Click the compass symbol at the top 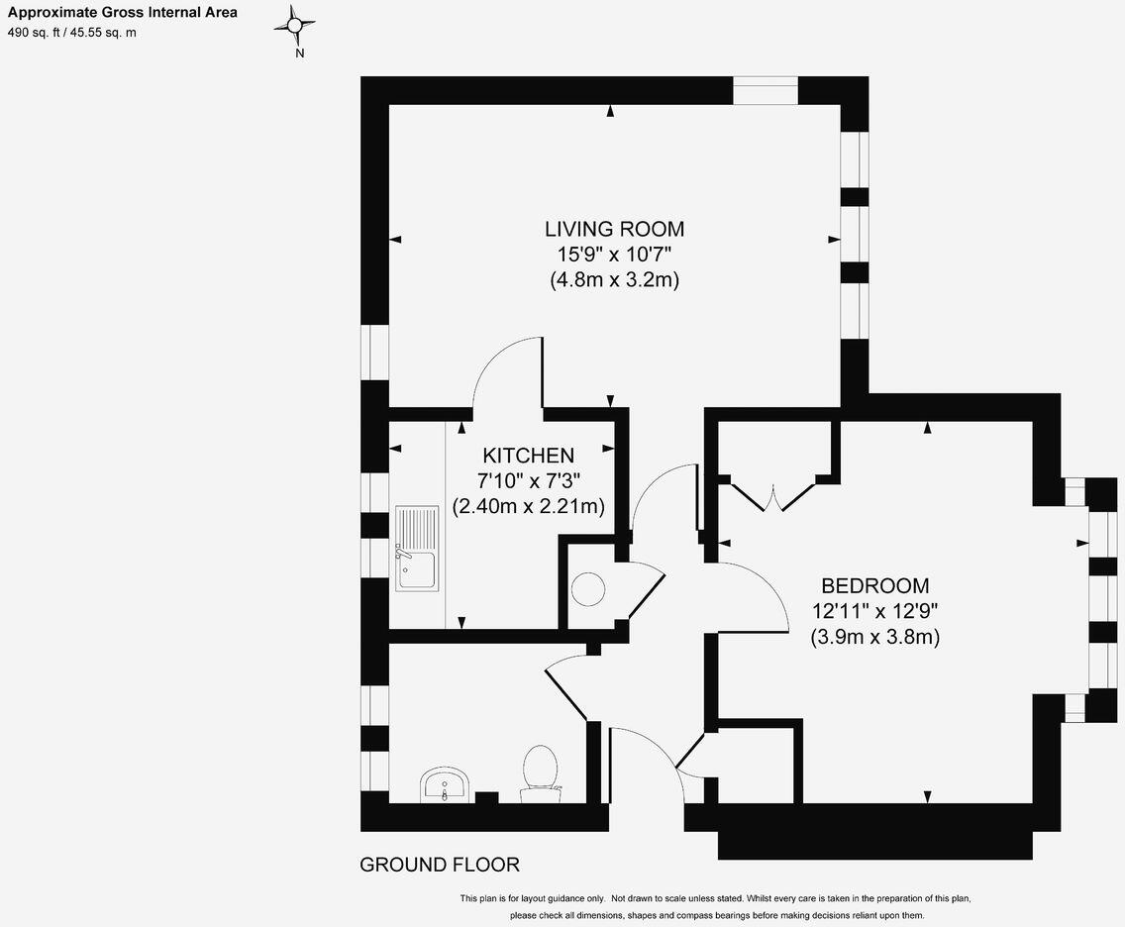pyautogui.click(x=294, y=26)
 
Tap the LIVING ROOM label pyautogui.click(x=614, y=229)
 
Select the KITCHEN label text pyautogui.click(x=528, y=456)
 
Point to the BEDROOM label pyautogui.click(x=874, y=585)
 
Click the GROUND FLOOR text pyautogui.click(x=439, y=865)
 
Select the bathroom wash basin pyautogui.click(x=445, y=784)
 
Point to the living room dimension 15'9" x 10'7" pyautogui.click(x=614, y=255)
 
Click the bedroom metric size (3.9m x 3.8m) pyautogui.click(x=874, y=637)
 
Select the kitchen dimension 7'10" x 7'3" pyautogui.click(x=528, y=480)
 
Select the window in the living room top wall pyautogui.click(x=765, y=91)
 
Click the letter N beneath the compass pyautogui.click(x=299, y=54)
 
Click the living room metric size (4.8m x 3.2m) pyautogui.click(x=614, y=280)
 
